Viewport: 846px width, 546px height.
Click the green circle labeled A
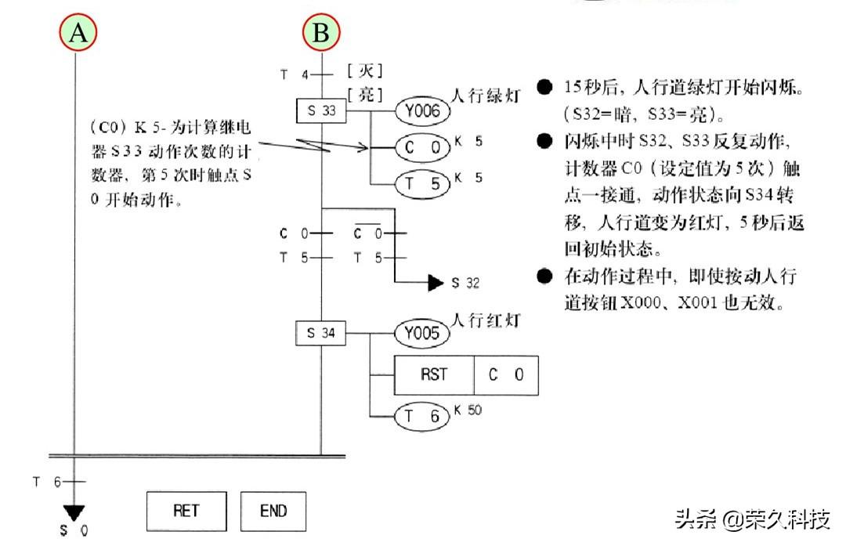pyautogui.click(x=78, y=32)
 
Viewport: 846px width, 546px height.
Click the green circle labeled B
pyautogui.click(x=321, y=32)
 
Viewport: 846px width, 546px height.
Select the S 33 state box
pyautogui.click(x=321, y=110)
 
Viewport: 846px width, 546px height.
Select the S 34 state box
pyautogui.click(x=320, y=333)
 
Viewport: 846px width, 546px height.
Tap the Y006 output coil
pyautogui.click(x=422, y=111)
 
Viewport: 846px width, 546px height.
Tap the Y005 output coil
pyautogui.click(x=422, y=333)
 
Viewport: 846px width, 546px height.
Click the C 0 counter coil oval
pyautogui.click(x=422, y=148)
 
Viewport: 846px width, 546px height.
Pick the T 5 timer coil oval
pyautogui.click(x=422, y=184)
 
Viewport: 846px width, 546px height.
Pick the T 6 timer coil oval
pyautogui.click(x=422, y=417)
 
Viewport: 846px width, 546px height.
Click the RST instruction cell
pyautogui.click(x=434, y=375)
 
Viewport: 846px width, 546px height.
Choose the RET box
pyautogui.click(x=186, y=511)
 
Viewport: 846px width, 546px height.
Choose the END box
pyautogui.click(x=273, y=511)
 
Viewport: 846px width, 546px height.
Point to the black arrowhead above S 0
pyautogui.click(x=74, y=513)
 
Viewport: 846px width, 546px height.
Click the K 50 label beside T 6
pyautogui.click(x=468, y=410)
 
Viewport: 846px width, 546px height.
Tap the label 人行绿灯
pyautogui.click(x=486, y=96)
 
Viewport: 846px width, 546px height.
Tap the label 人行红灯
pyautogui.click(x=486, y=320)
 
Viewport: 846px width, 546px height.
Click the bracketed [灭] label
pyautogui.click(x=365, y=71)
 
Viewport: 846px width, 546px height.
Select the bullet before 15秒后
pyautogui.click(x=545, y=86)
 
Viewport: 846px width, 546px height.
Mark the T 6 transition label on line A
pyautogui.click(x=46, y=482)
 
